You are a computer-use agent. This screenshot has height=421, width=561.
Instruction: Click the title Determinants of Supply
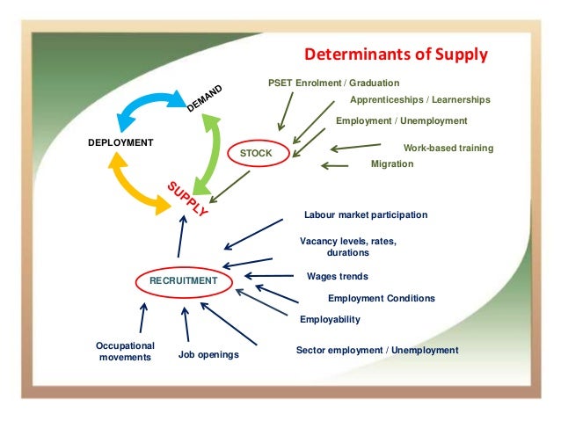click(x=396, y=55)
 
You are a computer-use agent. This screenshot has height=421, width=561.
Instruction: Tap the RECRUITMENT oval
click(x=183, y=280)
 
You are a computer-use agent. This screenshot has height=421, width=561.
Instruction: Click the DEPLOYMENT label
click(x=120, y=142)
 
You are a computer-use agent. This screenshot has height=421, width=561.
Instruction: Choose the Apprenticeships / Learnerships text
click(x=420, y=100)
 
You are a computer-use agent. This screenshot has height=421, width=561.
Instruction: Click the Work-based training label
click(x=448, y=148)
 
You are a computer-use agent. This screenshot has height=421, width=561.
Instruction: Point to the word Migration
click(x=392, y=163)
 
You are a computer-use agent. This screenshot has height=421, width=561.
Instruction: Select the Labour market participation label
click(x=365, y=214)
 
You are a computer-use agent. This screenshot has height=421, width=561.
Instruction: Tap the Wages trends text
click(x=337, y=276)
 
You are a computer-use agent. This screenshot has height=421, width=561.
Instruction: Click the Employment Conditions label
click(x=381, y=298)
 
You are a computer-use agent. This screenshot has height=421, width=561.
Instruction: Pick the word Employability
click(x=330, y=319)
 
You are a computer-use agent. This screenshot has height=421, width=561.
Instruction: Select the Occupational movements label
click(x=125, y=352)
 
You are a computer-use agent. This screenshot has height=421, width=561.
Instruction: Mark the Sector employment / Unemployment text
click(x=377, y=350)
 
